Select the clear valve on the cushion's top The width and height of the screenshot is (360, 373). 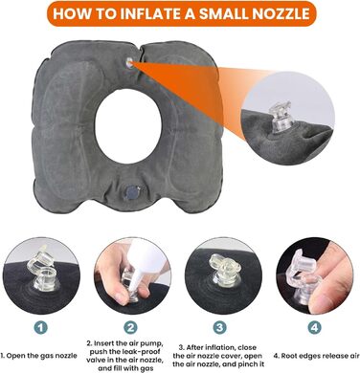129,63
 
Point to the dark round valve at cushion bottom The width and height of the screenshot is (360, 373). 132,193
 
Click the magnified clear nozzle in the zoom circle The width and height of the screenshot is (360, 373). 281,117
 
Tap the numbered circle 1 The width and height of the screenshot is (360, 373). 41,327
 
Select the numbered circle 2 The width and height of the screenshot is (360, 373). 130,327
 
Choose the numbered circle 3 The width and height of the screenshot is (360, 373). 220,327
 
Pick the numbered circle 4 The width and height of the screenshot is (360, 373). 314,327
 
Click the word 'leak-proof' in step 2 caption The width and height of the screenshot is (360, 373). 143,352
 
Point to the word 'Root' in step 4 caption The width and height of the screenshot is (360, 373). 289,356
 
